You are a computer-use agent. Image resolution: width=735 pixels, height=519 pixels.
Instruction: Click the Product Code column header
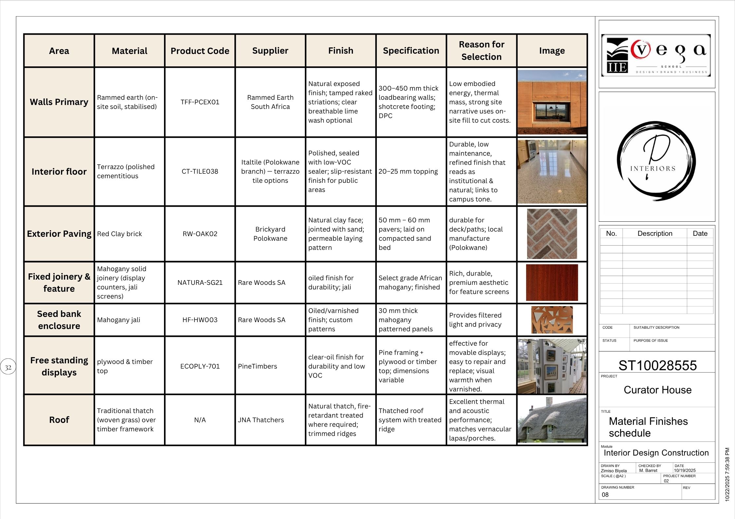coord(200,51)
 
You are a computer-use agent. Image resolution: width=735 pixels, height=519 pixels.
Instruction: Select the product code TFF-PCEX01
coord(200,102)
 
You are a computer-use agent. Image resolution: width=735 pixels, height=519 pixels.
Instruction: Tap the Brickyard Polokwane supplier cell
coord(270,234)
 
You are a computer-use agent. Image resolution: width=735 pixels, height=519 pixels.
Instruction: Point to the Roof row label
coord(59,420)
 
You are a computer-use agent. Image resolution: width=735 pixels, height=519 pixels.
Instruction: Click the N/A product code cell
coord(200,420)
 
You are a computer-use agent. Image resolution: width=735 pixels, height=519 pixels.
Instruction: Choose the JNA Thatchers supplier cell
coord(261,420)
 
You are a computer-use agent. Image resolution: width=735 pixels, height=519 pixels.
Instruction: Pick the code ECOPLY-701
coord(200,366)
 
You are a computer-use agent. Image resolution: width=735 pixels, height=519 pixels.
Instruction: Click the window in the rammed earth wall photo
coord(552,111)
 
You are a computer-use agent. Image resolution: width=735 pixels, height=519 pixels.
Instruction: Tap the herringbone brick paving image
coord(552,234)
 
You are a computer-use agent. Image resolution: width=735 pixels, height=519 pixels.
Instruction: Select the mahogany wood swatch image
coord(552,283)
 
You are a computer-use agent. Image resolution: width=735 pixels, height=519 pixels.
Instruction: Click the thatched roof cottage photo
coord(552,420)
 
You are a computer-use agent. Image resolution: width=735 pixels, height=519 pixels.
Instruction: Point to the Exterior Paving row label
coord(59,234)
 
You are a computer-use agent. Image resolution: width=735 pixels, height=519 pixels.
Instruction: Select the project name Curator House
coord(657,390)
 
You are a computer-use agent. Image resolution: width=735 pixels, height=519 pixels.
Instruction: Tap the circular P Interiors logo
coord(656,161)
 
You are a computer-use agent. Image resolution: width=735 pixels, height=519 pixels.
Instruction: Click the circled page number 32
coord(8,367)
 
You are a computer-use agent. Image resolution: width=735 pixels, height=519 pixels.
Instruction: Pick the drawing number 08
coord(605,495)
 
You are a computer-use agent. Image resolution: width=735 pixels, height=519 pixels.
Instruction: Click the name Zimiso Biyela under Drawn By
coord(614,471)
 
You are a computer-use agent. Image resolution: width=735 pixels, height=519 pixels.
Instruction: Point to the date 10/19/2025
coord(685,471)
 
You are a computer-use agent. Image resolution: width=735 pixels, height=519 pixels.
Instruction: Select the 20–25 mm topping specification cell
coord(408,171)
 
